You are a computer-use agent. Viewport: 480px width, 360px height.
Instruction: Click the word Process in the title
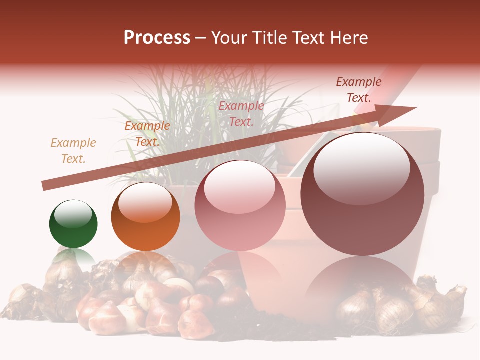click(157, 38)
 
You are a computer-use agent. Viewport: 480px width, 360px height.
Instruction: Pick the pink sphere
click(240, 206)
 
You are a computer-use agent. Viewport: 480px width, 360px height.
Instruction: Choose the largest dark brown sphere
click(362, 195)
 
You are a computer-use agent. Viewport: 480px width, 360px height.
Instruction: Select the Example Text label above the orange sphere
click(147, 134)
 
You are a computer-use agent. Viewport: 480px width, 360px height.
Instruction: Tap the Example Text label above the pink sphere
click(241, 113)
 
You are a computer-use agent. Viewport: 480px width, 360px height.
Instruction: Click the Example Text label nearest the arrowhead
click(359, 89)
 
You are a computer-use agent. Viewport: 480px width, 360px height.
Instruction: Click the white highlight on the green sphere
click(73, 215)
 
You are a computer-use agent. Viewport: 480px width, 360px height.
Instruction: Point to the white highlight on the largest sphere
click(361, 168)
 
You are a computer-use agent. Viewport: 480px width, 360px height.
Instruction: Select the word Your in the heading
click(226, 38)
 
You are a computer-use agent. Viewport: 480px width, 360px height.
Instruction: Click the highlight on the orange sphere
click(145, 204)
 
